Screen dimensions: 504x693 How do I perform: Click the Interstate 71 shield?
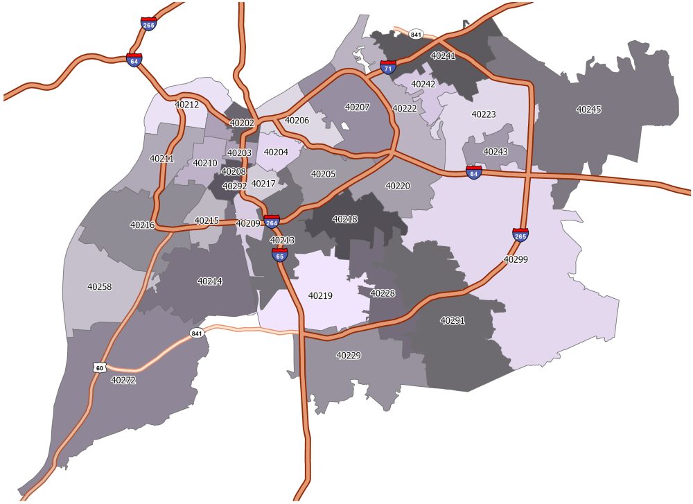[x=388, y=67]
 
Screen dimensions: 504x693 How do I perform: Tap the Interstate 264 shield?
[x=272, y=221]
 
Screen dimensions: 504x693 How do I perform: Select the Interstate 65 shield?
[x=280, y=254]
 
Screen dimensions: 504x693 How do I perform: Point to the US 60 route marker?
[x=100, y=367]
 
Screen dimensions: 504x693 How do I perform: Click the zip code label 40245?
[x=589, y=110]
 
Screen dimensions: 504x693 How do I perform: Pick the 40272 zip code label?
[x=123, y=380]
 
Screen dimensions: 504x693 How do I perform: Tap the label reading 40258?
[x=100, y=286]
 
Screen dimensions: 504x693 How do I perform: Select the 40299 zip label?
[x=516, y=259]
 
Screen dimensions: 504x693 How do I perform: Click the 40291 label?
[x=453, y=321]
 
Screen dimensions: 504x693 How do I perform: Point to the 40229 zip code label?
[x=349, y=355]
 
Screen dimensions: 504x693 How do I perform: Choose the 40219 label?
[x=320, y=296]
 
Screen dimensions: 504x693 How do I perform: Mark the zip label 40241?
[x=443, y=55]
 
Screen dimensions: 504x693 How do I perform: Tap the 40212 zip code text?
[x=186, y=105]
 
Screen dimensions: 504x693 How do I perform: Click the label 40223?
[x=484, y=114]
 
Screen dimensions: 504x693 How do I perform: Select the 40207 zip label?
[x=358, y=107]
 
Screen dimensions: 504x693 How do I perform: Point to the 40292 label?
[x=234, y=186]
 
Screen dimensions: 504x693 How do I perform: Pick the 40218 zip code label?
[x=345, y=219]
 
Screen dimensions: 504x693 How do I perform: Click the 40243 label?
[x=495, y=152]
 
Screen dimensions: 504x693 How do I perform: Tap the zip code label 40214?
[x=210, y=281]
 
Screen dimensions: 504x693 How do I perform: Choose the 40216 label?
[x=142, y=225]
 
